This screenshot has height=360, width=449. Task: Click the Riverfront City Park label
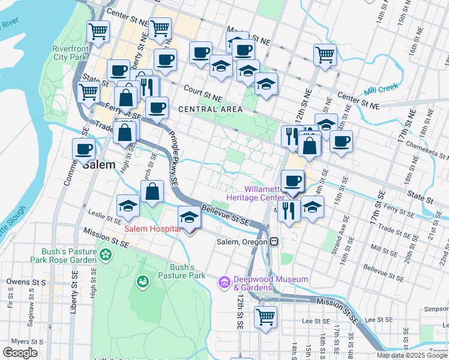point(70,53)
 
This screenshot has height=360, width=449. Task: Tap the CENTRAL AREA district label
point(210,109)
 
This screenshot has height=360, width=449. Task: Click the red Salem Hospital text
point(152,229)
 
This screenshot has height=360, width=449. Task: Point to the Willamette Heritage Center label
point(255,193)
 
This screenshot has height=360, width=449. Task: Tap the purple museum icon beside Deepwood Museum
point(224,281)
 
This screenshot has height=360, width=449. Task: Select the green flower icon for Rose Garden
point(106,254)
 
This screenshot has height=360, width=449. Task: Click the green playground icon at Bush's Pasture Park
point(142,281)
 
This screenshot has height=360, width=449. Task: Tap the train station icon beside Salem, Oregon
point(274,242)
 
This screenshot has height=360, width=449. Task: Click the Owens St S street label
point(26,281)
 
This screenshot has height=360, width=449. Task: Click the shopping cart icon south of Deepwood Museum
point(265,317)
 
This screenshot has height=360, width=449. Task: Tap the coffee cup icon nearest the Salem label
point(83,149)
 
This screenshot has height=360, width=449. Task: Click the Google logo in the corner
point(20,353)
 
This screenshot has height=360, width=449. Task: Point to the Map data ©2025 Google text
point(412,355)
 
